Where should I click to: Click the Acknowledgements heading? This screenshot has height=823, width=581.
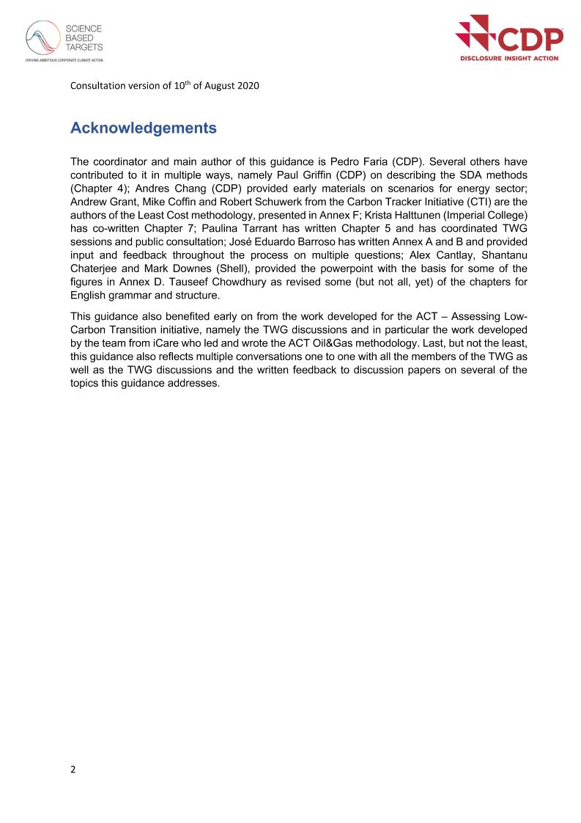(x=144, y=128)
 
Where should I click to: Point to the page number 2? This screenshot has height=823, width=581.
(x=73, y=770)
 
